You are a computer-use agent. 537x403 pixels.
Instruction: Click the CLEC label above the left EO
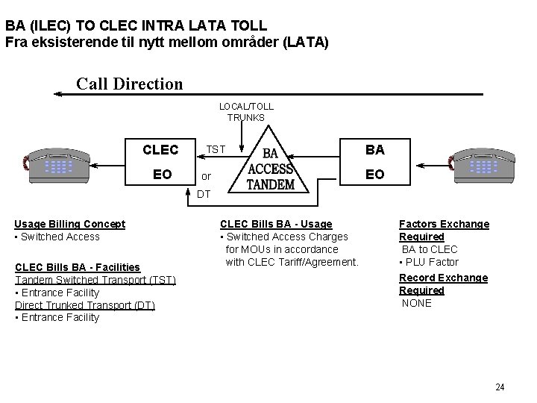(160, 150)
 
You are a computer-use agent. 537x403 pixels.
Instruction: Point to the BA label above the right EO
(375, 150)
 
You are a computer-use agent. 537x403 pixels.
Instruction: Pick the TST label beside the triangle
(216, 149)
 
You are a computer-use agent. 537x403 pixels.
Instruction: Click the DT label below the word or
(204, 194)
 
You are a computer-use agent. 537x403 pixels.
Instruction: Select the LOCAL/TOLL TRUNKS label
(246, 112)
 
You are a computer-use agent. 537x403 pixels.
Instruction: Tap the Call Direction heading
(129, 84)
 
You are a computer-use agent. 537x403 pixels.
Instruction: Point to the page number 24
(500, 387)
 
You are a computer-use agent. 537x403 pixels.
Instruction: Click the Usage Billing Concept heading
(70, 224)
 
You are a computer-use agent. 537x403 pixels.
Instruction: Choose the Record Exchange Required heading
(443, 284)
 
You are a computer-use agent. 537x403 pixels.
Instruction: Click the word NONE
(416, 303)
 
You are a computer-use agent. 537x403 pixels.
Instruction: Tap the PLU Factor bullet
(429, 262)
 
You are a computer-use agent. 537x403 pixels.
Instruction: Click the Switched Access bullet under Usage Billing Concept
(57, 237)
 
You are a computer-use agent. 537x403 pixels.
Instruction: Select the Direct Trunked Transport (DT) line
(85, 305)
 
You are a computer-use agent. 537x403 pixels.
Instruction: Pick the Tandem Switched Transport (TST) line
(95, 280)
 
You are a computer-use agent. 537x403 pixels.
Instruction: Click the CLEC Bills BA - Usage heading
(276, 224)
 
